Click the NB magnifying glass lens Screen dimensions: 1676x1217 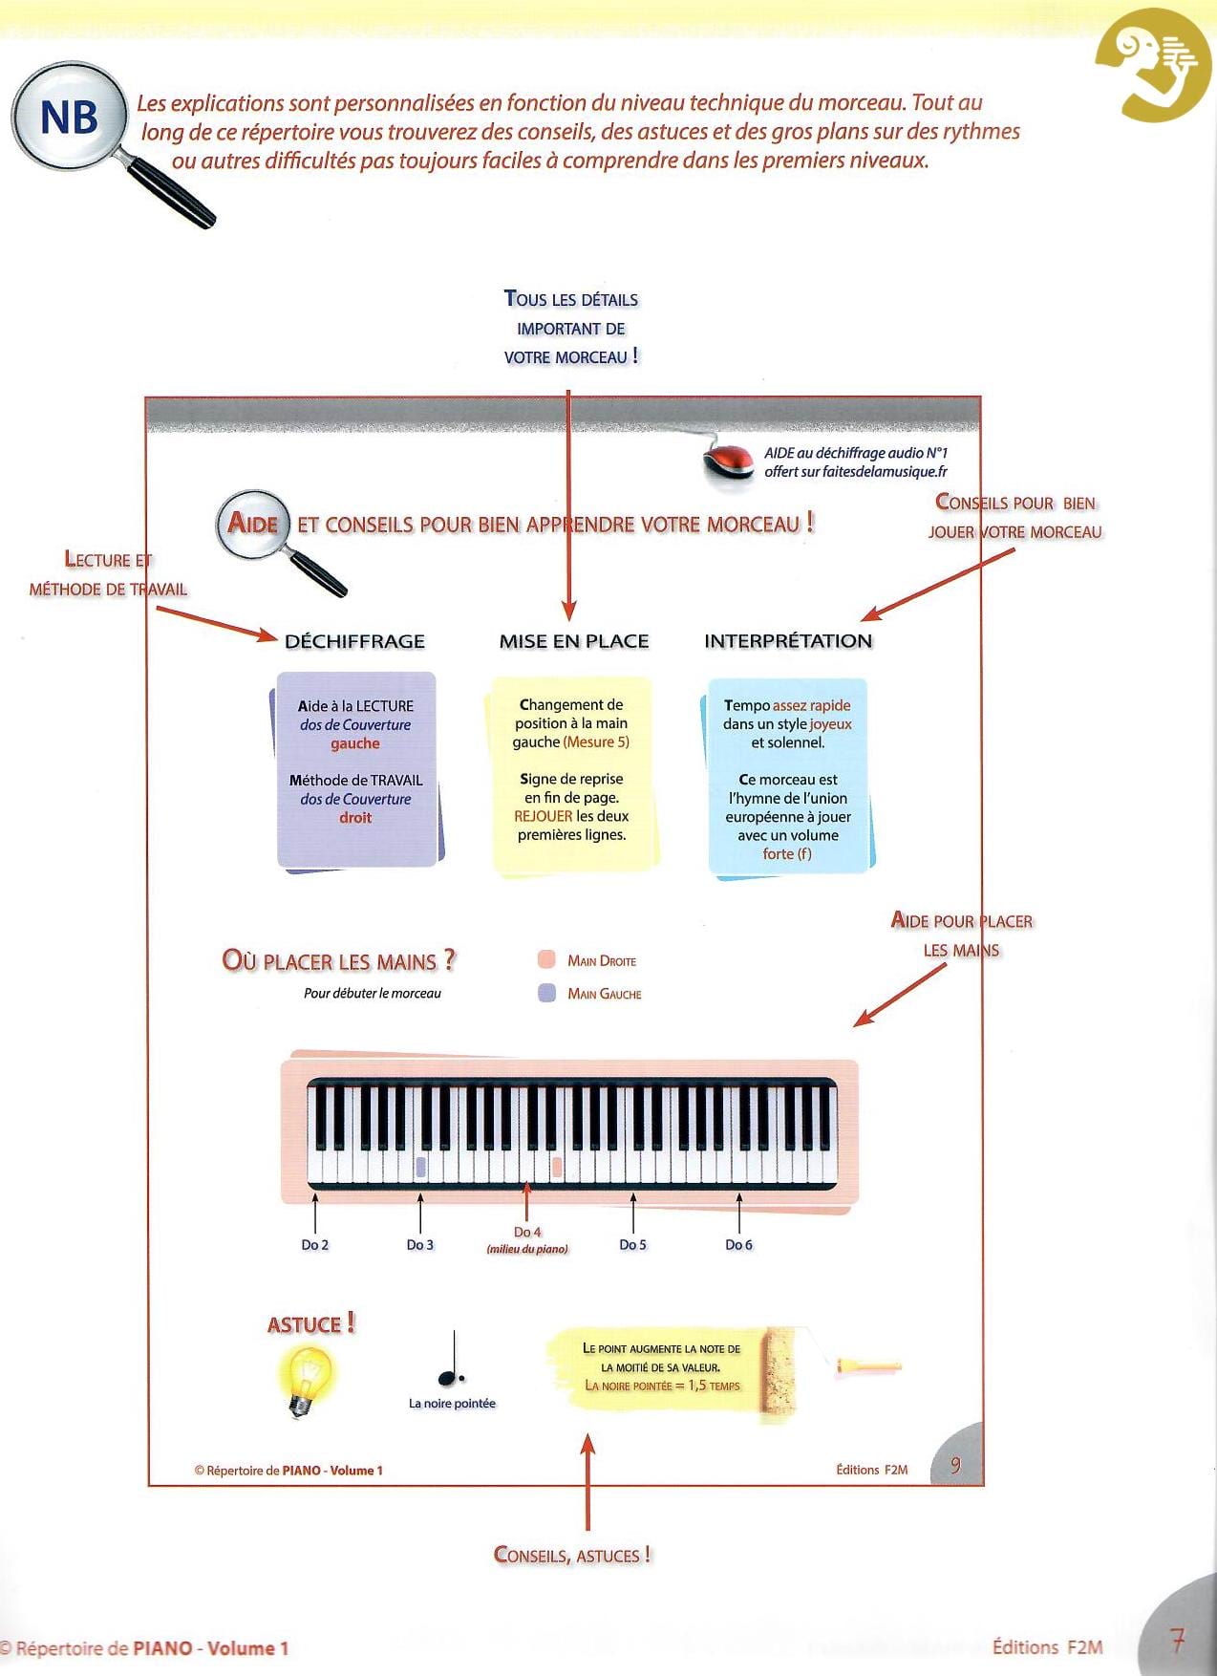pyautogui.click(x=69, y=118)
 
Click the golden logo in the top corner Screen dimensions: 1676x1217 pyautogui.click(x=1153, y=65)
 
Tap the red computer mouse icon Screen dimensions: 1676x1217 pyautogui.click(x=729, y=462)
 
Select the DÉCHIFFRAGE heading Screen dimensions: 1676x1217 pyautogui.click(x=354, y=641)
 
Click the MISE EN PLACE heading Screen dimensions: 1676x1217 pyautogui.click(x=573, y=641)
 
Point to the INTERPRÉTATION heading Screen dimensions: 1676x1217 pyautogui.click(x=788, y=641)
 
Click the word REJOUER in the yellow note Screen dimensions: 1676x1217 pyautogui.click(x=543, y=816)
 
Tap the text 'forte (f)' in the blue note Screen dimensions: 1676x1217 pyautogui.click(x=787, y=853)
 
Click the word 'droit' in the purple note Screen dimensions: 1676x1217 pyautogui.click(x=355, y=817)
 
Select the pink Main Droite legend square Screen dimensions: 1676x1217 pyautogui.click(x=546, y=959)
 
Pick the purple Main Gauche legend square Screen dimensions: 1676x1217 pyautogui.click(x=546, y=993)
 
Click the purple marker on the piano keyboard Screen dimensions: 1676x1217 pyautogui.click(x=420, y=1167)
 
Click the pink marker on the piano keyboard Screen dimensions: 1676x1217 pyautogui.click(x=557, y=1167)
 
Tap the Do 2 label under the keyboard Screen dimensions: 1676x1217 pyautogui.click(x=314, y=1244)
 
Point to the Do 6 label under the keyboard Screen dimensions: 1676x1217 pyautogui.click(x=738, y=1244)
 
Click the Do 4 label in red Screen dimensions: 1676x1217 pyautogui.click(x=527, y=1232)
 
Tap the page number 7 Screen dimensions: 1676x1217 pyautogui.click(x=1178, y=1642)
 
